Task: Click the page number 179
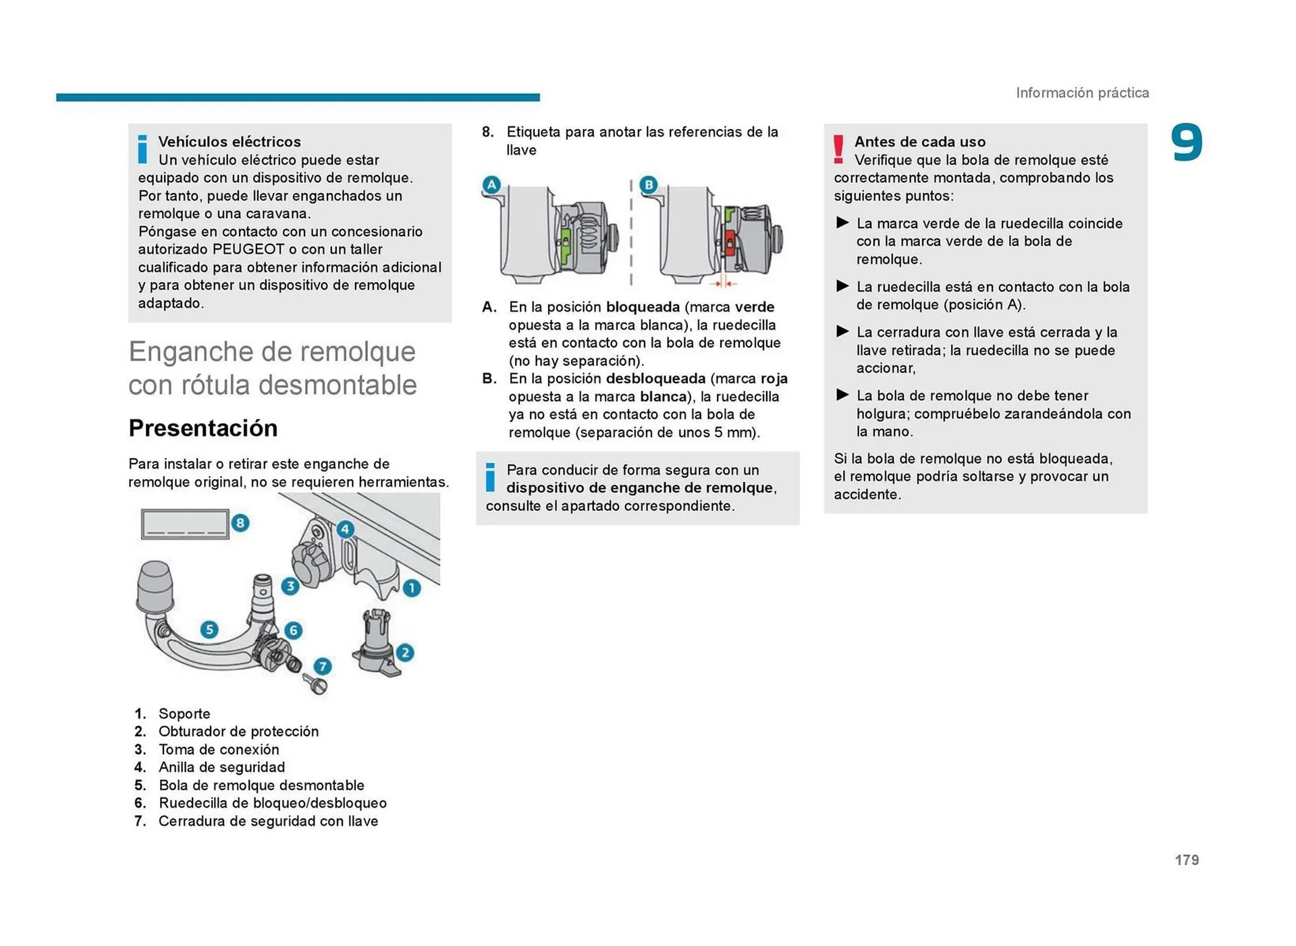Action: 1186,860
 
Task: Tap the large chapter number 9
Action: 1186,143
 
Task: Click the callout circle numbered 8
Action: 240,523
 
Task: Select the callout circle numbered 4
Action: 345,529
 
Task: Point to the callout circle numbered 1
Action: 412,588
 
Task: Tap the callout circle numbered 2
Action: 405,652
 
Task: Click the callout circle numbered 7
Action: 323,667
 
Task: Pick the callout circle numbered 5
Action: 209,630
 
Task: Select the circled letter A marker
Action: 491,184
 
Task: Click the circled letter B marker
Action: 648,184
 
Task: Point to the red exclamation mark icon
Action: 838,150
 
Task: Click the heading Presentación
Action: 202,428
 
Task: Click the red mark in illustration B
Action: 729,242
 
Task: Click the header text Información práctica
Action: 1082,93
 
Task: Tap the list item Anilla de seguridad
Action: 221,767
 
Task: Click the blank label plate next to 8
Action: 184,524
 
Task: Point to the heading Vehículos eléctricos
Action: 230,142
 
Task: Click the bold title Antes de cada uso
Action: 919,142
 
